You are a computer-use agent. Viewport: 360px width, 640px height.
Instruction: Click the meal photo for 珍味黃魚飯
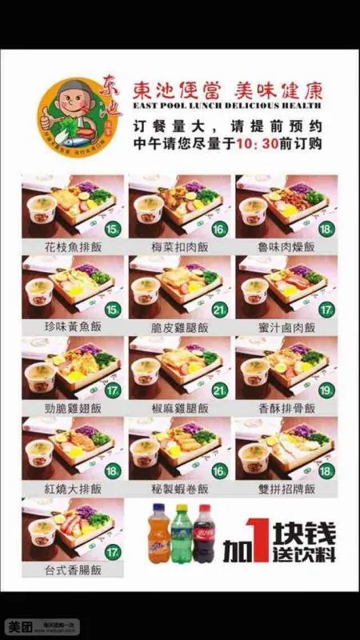click(72, 286)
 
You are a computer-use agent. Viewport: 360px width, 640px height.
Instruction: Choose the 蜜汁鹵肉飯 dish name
click(286, 326)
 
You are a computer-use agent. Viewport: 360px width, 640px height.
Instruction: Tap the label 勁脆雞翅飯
click(72, 407)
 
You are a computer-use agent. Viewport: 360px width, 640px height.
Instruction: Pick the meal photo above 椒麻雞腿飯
click(179, 366)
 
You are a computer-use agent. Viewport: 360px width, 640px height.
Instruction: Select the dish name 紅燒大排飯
click(72, 488)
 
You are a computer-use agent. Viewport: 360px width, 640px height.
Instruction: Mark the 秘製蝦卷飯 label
click(179, 488)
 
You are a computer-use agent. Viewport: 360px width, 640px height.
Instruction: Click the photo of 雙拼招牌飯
click(286, 448)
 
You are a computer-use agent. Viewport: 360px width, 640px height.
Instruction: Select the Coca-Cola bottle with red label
click(206, 533)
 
